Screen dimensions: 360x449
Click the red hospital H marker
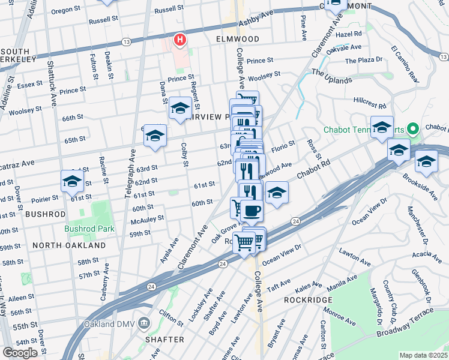[x=179, y=40]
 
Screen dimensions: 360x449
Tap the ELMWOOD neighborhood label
[x=238, y=39]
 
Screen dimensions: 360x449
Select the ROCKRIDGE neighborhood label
[x=305, y=299]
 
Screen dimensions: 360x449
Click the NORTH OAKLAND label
[x=69, y=245]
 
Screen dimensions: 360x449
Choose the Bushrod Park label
[x=85, y=229]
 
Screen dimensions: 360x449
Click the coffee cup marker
[x=253, y=211]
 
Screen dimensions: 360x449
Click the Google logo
[x=20, y=352]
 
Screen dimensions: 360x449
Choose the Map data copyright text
[x=423, y=355]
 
